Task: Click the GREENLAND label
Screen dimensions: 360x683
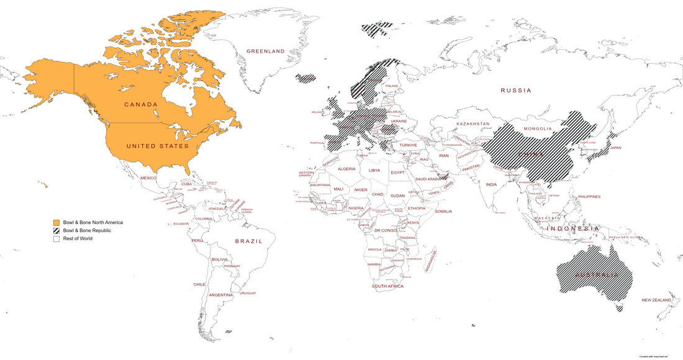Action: pyautogui.click(x=265, y=51)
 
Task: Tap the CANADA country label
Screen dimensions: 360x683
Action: pyautogui.click(x=141, y=104)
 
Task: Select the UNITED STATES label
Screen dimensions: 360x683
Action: pyautogui.click(x=157, y=146)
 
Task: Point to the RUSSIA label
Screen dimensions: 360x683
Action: pyautogui.click(x=516, y=90)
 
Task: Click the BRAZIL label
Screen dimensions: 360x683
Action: pyautogui.click(x=248, y=240)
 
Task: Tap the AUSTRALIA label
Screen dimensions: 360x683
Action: pyautogui.click(x=596, y=274)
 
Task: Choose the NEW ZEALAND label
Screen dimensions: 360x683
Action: pyautogui.click(x=657, y=300)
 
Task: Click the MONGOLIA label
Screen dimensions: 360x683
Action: pyautogui.click(x=538, y=128)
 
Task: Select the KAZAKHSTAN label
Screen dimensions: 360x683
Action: pyautogui.click(x=473, y=124)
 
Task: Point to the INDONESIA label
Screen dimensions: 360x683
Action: pyautogui.click(x=572, y=228)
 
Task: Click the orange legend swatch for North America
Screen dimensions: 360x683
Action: pyautogui.click(x=56, y=222)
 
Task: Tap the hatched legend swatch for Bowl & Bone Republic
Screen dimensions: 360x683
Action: pyautogui.click(x=56, y=230)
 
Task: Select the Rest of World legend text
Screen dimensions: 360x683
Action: pyautogui.click(x=78, y=238)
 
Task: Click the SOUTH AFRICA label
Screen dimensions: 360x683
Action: pyautogui.click(x=387, y=286)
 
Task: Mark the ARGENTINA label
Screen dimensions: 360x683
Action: pyautogui.click(x=220, y=295)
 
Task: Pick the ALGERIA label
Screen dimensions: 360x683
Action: pyautogui.click(x=346, y=169)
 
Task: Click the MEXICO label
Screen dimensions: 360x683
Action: pyautogui.click(x=148, y=178)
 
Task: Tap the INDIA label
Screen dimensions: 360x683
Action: pyautogui.click(x=491, y=184)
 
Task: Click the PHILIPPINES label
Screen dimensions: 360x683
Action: pyautogui.click(x=589, y=197)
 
